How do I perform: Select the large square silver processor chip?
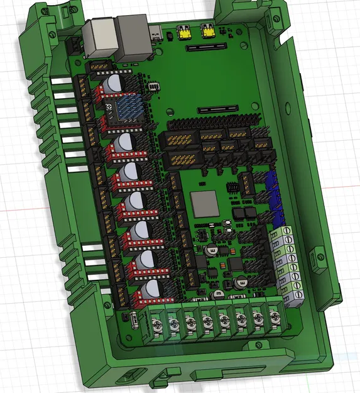[202, 203]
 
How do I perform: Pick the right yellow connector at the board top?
[207, 31]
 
